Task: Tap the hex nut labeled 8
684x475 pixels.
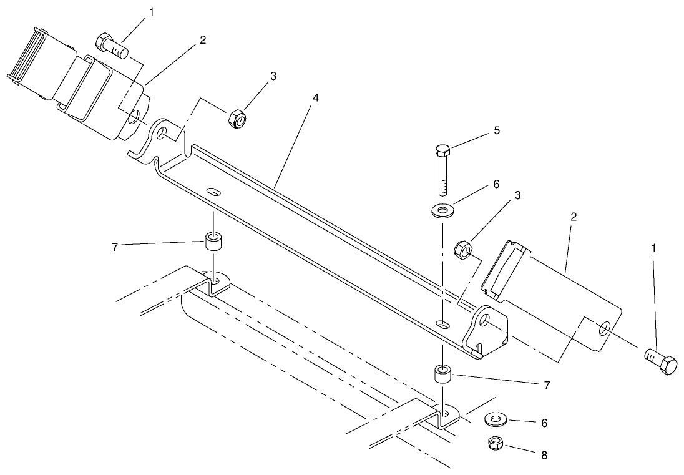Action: tap(496, 444)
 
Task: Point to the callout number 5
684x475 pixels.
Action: tap(497, 131)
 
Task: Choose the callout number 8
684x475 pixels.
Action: tap(544, 455)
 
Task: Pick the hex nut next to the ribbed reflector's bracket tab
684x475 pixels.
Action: tap(237, 117)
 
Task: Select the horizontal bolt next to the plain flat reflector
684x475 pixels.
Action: tap(659, 361)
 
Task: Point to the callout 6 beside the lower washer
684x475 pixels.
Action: tap(544, 423)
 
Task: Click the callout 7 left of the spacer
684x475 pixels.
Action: tap(114, 248)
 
